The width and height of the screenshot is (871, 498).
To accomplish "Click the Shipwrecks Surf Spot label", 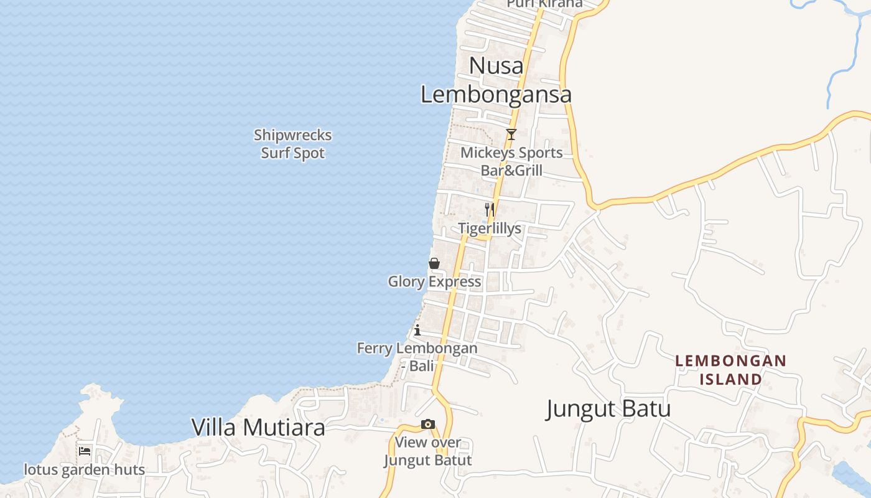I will point(292,144).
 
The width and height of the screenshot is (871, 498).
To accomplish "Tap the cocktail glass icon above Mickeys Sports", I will point(511,134).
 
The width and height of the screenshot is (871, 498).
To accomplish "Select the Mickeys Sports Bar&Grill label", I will point(511,161).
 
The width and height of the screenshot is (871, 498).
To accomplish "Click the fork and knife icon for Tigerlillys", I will point(490,210).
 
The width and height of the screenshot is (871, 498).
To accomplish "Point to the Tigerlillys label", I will point(490,228).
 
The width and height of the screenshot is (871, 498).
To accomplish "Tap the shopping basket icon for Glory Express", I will point(434,263).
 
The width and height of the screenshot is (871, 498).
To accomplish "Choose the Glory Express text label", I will point(434,282).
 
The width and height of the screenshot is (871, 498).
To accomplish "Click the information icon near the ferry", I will point(417,330).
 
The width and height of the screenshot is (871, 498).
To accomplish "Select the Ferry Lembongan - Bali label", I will point(417,357).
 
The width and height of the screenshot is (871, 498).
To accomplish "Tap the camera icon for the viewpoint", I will point(428,425).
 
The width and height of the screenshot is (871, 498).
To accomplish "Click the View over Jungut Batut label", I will point(428,451).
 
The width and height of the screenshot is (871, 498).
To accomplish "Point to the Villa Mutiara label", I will point(258,428).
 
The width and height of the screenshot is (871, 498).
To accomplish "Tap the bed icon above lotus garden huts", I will point(85,451).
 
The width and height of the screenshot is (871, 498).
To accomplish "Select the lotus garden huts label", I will point(85,469).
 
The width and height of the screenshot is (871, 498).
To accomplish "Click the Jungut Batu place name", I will point(608,409).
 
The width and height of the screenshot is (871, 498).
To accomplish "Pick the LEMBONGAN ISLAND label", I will point(731,370).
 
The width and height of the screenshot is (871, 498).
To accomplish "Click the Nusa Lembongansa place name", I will point(496,80).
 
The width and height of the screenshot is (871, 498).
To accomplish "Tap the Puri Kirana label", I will point(544,4).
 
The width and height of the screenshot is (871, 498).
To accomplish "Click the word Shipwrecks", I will point(292,135).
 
